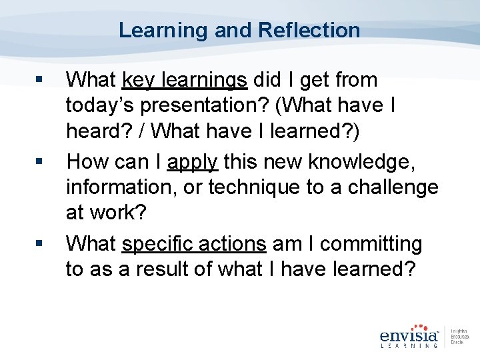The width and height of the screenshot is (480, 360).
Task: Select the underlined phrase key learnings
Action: click(185, 80)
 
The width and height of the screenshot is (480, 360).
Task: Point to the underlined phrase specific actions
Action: click(194, 244)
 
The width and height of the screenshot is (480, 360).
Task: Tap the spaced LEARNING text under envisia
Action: click(408, 345)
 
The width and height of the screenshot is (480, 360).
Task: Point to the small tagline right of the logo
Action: click(460, 337)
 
